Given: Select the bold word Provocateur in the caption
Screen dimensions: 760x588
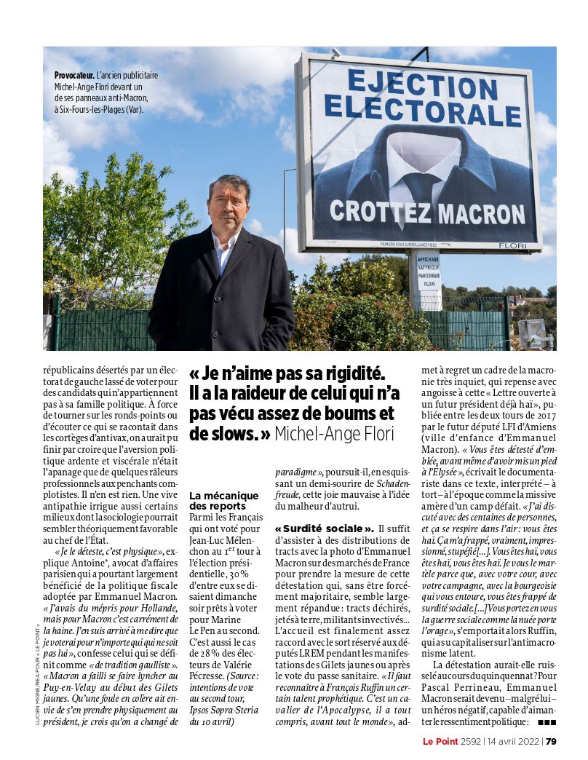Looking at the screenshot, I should pyautogui.click(x=74, y=75).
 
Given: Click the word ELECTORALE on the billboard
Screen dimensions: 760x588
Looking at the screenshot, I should pyautogui.click(x=416, y=109).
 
